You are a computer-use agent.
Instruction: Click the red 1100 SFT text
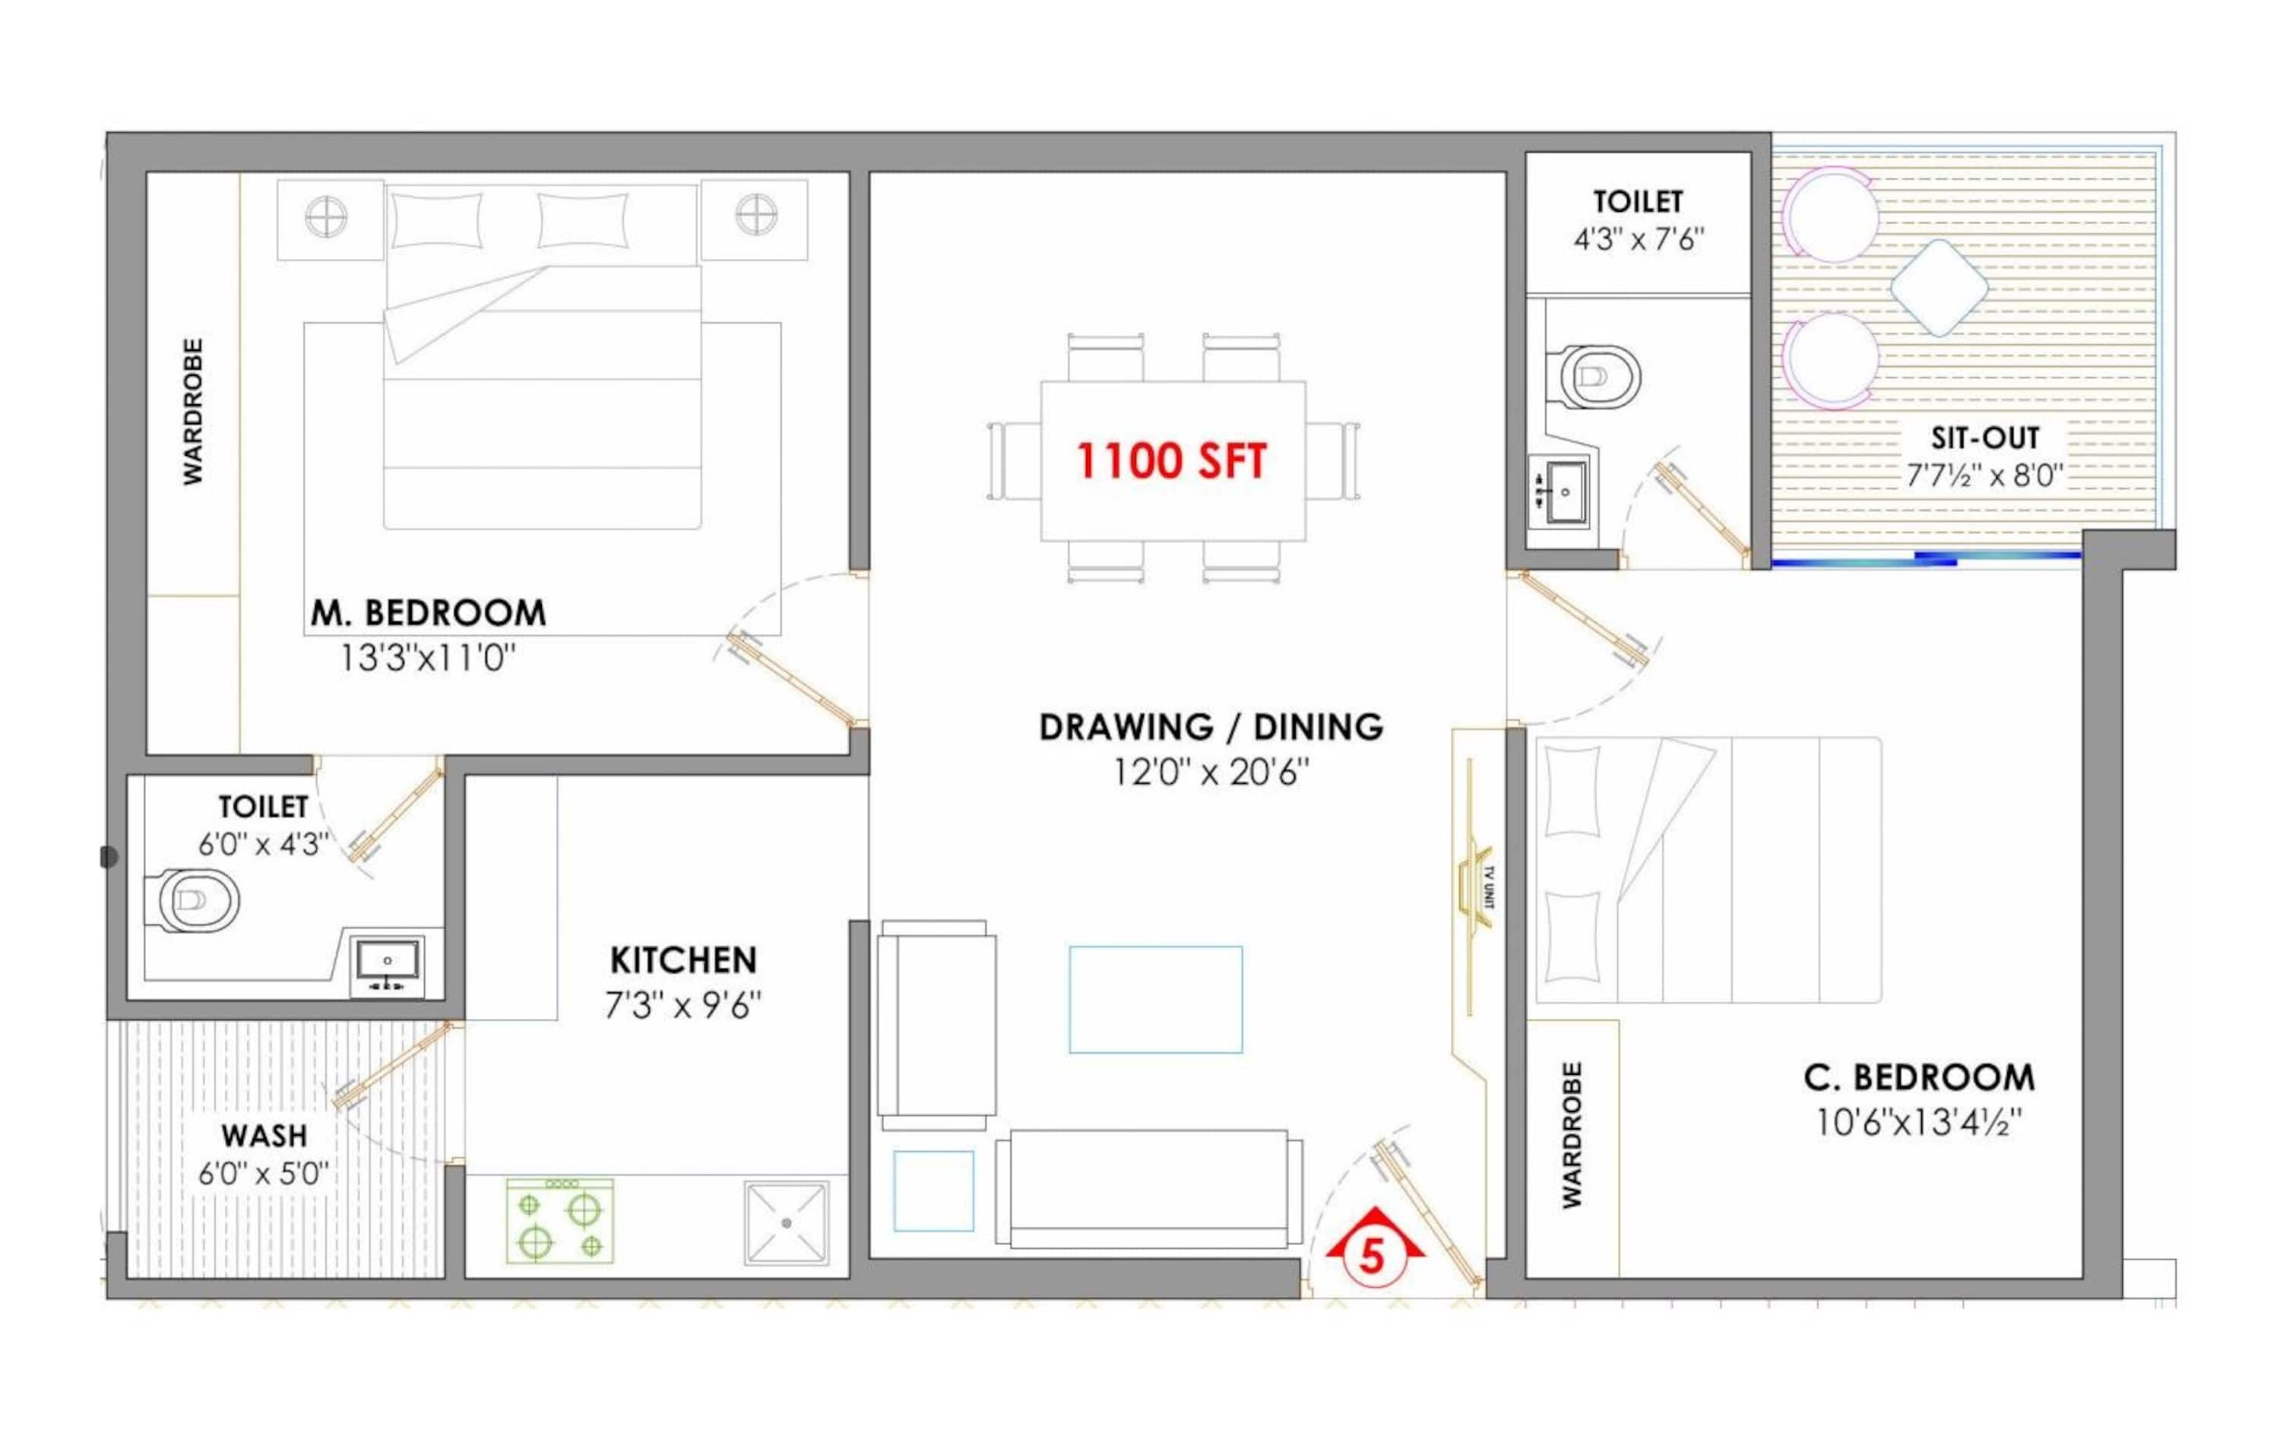tap(1170, 461)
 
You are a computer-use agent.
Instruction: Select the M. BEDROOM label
tap(428, 613)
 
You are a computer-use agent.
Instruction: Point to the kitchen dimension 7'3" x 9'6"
tap(682, 1006)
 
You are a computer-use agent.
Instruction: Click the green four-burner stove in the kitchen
tap(559, 1220)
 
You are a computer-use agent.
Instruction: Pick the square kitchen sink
tap(787, 1222)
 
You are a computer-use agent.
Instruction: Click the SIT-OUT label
tap(1985, 438)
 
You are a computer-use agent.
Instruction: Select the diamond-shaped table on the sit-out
tap(1939, 287)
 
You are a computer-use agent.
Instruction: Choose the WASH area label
tap(264, 1135)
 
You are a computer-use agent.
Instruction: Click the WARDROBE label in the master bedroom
tap(193, 412)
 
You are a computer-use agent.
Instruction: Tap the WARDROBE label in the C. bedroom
tap(1572, 1134)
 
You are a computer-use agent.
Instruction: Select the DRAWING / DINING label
tap(1211, 727)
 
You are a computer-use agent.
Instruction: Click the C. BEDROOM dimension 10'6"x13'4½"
tap(1919, 1123)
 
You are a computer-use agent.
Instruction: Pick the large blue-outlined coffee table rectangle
tap(1155, 999)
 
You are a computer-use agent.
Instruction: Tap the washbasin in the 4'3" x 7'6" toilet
tap(1559, 492)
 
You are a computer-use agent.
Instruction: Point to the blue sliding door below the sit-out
tap(1927, 559)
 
